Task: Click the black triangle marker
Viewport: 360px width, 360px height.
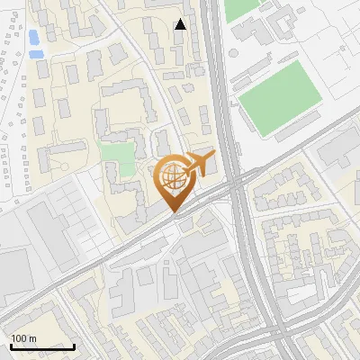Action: pyautogui.click(x=181, y=24)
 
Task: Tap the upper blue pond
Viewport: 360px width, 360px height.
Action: pyautogui.click(x=33, y=37)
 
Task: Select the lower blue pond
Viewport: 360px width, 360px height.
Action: pyautogui.click(x=37, y=53)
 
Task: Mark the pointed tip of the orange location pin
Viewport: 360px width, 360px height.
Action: pyautogui.click(x=173, y=212)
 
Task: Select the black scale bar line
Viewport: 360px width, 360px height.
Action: pyautogui.click(x=42, y=346)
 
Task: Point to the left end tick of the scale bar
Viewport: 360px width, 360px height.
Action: pyautogui.click(x=11, y=345)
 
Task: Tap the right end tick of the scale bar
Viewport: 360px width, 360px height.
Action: pyautogui.click(x=74, y=345)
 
